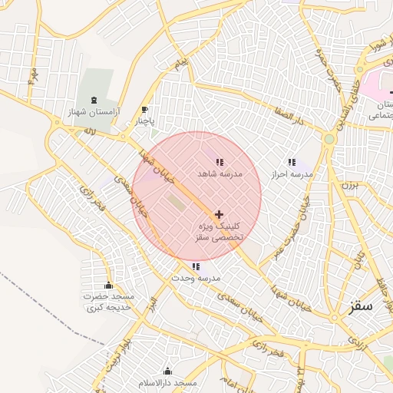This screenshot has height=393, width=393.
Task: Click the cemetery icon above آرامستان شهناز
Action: (94, 100)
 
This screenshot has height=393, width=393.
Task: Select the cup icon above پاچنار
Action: (145, 110)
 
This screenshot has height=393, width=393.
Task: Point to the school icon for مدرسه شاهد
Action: (220, 162)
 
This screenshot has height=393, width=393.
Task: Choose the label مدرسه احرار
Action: (292, 174)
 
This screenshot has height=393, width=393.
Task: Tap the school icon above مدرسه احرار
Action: (292, 162)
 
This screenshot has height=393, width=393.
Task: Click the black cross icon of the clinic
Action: (220, 214)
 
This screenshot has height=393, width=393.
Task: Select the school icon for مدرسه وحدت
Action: (196, 266)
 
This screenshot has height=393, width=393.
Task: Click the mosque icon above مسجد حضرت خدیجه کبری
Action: (108, 285)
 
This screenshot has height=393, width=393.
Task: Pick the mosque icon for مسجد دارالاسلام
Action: (168, 371)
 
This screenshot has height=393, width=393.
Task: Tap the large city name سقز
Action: (360, 305)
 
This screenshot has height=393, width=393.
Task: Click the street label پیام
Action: (181, 61)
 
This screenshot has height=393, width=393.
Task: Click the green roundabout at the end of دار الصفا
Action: (329, 139)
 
